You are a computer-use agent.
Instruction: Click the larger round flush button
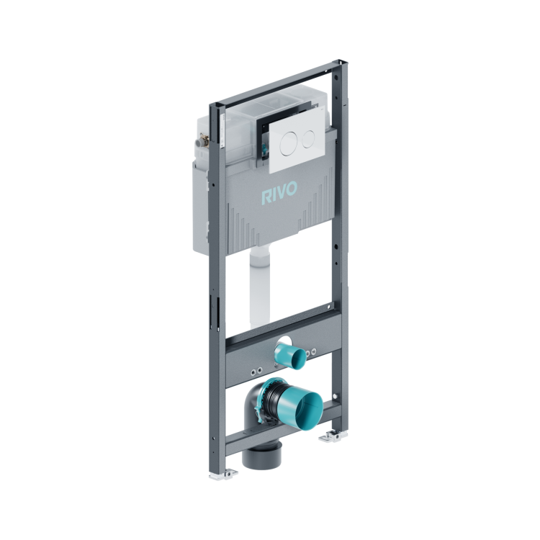click(289, 144)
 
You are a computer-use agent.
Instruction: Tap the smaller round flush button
click(309, 139)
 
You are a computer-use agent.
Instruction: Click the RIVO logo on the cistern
click(279, 193)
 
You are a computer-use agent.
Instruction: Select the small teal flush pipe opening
click(290, 356)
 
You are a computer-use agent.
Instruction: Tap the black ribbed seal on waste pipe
click(271, 400)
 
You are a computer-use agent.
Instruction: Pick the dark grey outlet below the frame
click(262, 454)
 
